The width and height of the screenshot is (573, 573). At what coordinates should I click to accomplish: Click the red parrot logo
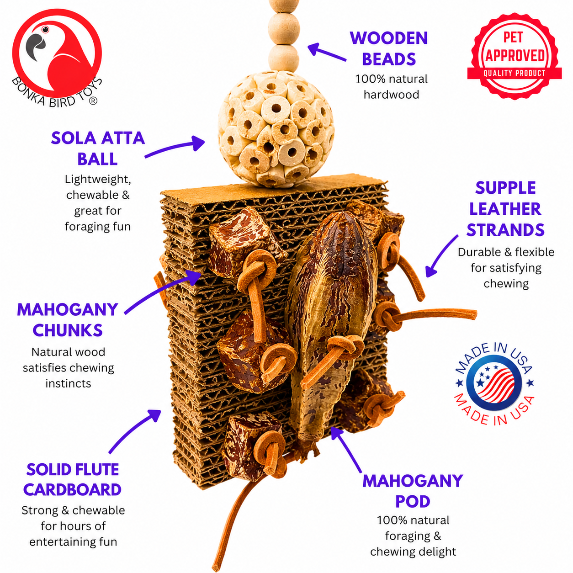click(57, 53)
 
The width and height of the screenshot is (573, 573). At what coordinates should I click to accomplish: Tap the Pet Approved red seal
click(515, 56)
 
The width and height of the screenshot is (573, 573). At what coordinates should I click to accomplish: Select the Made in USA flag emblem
click(494, 383)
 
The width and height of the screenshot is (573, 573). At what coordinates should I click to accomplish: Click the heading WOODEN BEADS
click(389, 48)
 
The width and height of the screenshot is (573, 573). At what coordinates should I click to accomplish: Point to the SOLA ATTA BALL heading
click(97, 149)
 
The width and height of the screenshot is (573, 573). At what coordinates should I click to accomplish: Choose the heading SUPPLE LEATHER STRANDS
click(505, 209)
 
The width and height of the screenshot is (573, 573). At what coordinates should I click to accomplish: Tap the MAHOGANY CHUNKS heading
click(68, 320)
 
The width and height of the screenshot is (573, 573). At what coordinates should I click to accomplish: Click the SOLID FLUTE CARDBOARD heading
click(72, 479)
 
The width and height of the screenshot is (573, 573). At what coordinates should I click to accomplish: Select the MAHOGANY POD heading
click(413, 491)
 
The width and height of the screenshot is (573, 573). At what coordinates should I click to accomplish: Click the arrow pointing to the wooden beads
click(326, 52)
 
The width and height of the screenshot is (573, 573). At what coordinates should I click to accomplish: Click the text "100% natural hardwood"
click(391, 86)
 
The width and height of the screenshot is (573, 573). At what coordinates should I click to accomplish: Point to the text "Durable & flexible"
click(506, 252)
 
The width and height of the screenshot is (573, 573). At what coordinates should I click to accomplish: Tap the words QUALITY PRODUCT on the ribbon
click(515, 73)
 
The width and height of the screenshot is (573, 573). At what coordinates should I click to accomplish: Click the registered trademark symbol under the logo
click(93, 101)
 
